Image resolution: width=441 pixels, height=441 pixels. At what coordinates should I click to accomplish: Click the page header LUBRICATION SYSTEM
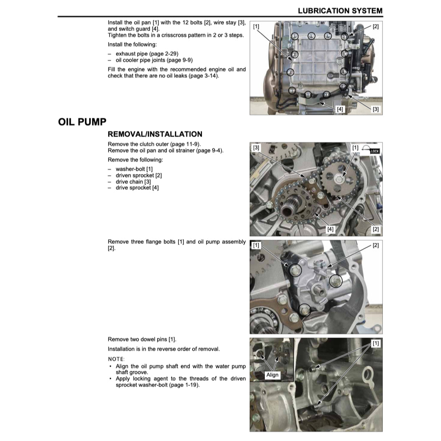coord(340,10)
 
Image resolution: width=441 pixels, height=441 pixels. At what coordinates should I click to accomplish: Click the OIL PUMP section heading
coord(82,122)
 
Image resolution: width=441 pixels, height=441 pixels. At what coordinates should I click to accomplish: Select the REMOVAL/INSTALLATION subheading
coord(155,134)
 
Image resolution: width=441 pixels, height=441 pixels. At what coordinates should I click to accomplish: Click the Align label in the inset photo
coord(272,375)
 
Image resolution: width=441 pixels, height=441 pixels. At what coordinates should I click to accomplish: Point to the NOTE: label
coord(115,359)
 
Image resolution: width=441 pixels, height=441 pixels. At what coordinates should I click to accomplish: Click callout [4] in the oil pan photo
coord(340,109)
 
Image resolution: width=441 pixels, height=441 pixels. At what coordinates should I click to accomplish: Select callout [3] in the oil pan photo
coord(376,109)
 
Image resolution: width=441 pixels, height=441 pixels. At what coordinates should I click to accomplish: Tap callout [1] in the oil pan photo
coord(256,27)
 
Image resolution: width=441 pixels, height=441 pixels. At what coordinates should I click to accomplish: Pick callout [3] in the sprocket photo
coord(256,148)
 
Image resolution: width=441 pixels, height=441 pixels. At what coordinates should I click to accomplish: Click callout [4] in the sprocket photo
coord(330,229)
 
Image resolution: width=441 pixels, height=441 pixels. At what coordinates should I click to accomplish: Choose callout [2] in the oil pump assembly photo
coord(376,245)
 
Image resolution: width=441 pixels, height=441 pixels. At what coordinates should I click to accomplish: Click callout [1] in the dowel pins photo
coord(376,343)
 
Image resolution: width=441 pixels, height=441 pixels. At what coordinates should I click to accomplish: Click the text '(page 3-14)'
coord(205,76)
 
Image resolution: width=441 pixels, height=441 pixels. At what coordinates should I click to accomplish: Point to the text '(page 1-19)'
coord(185,385)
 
